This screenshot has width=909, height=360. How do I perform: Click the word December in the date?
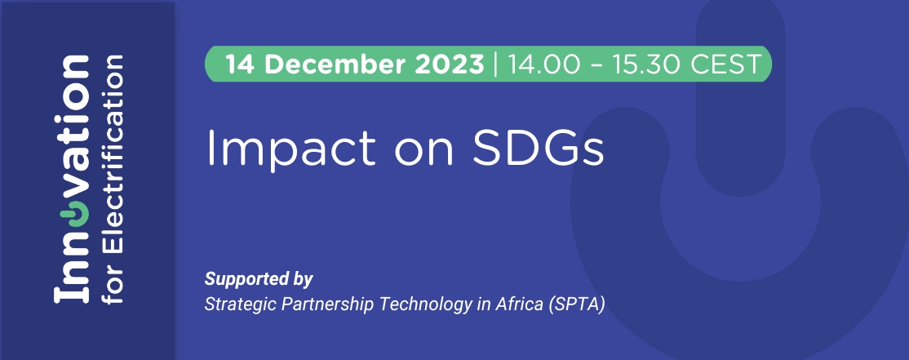point(336,64)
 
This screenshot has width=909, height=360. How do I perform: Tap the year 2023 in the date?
point(450,64)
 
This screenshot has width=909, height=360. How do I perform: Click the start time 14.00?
point(543,64)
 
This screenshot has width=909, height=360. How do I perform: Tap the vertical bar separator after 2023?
point(495,64)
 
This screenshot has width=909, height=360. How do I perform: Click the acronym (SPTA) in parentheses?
point(576,304)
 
